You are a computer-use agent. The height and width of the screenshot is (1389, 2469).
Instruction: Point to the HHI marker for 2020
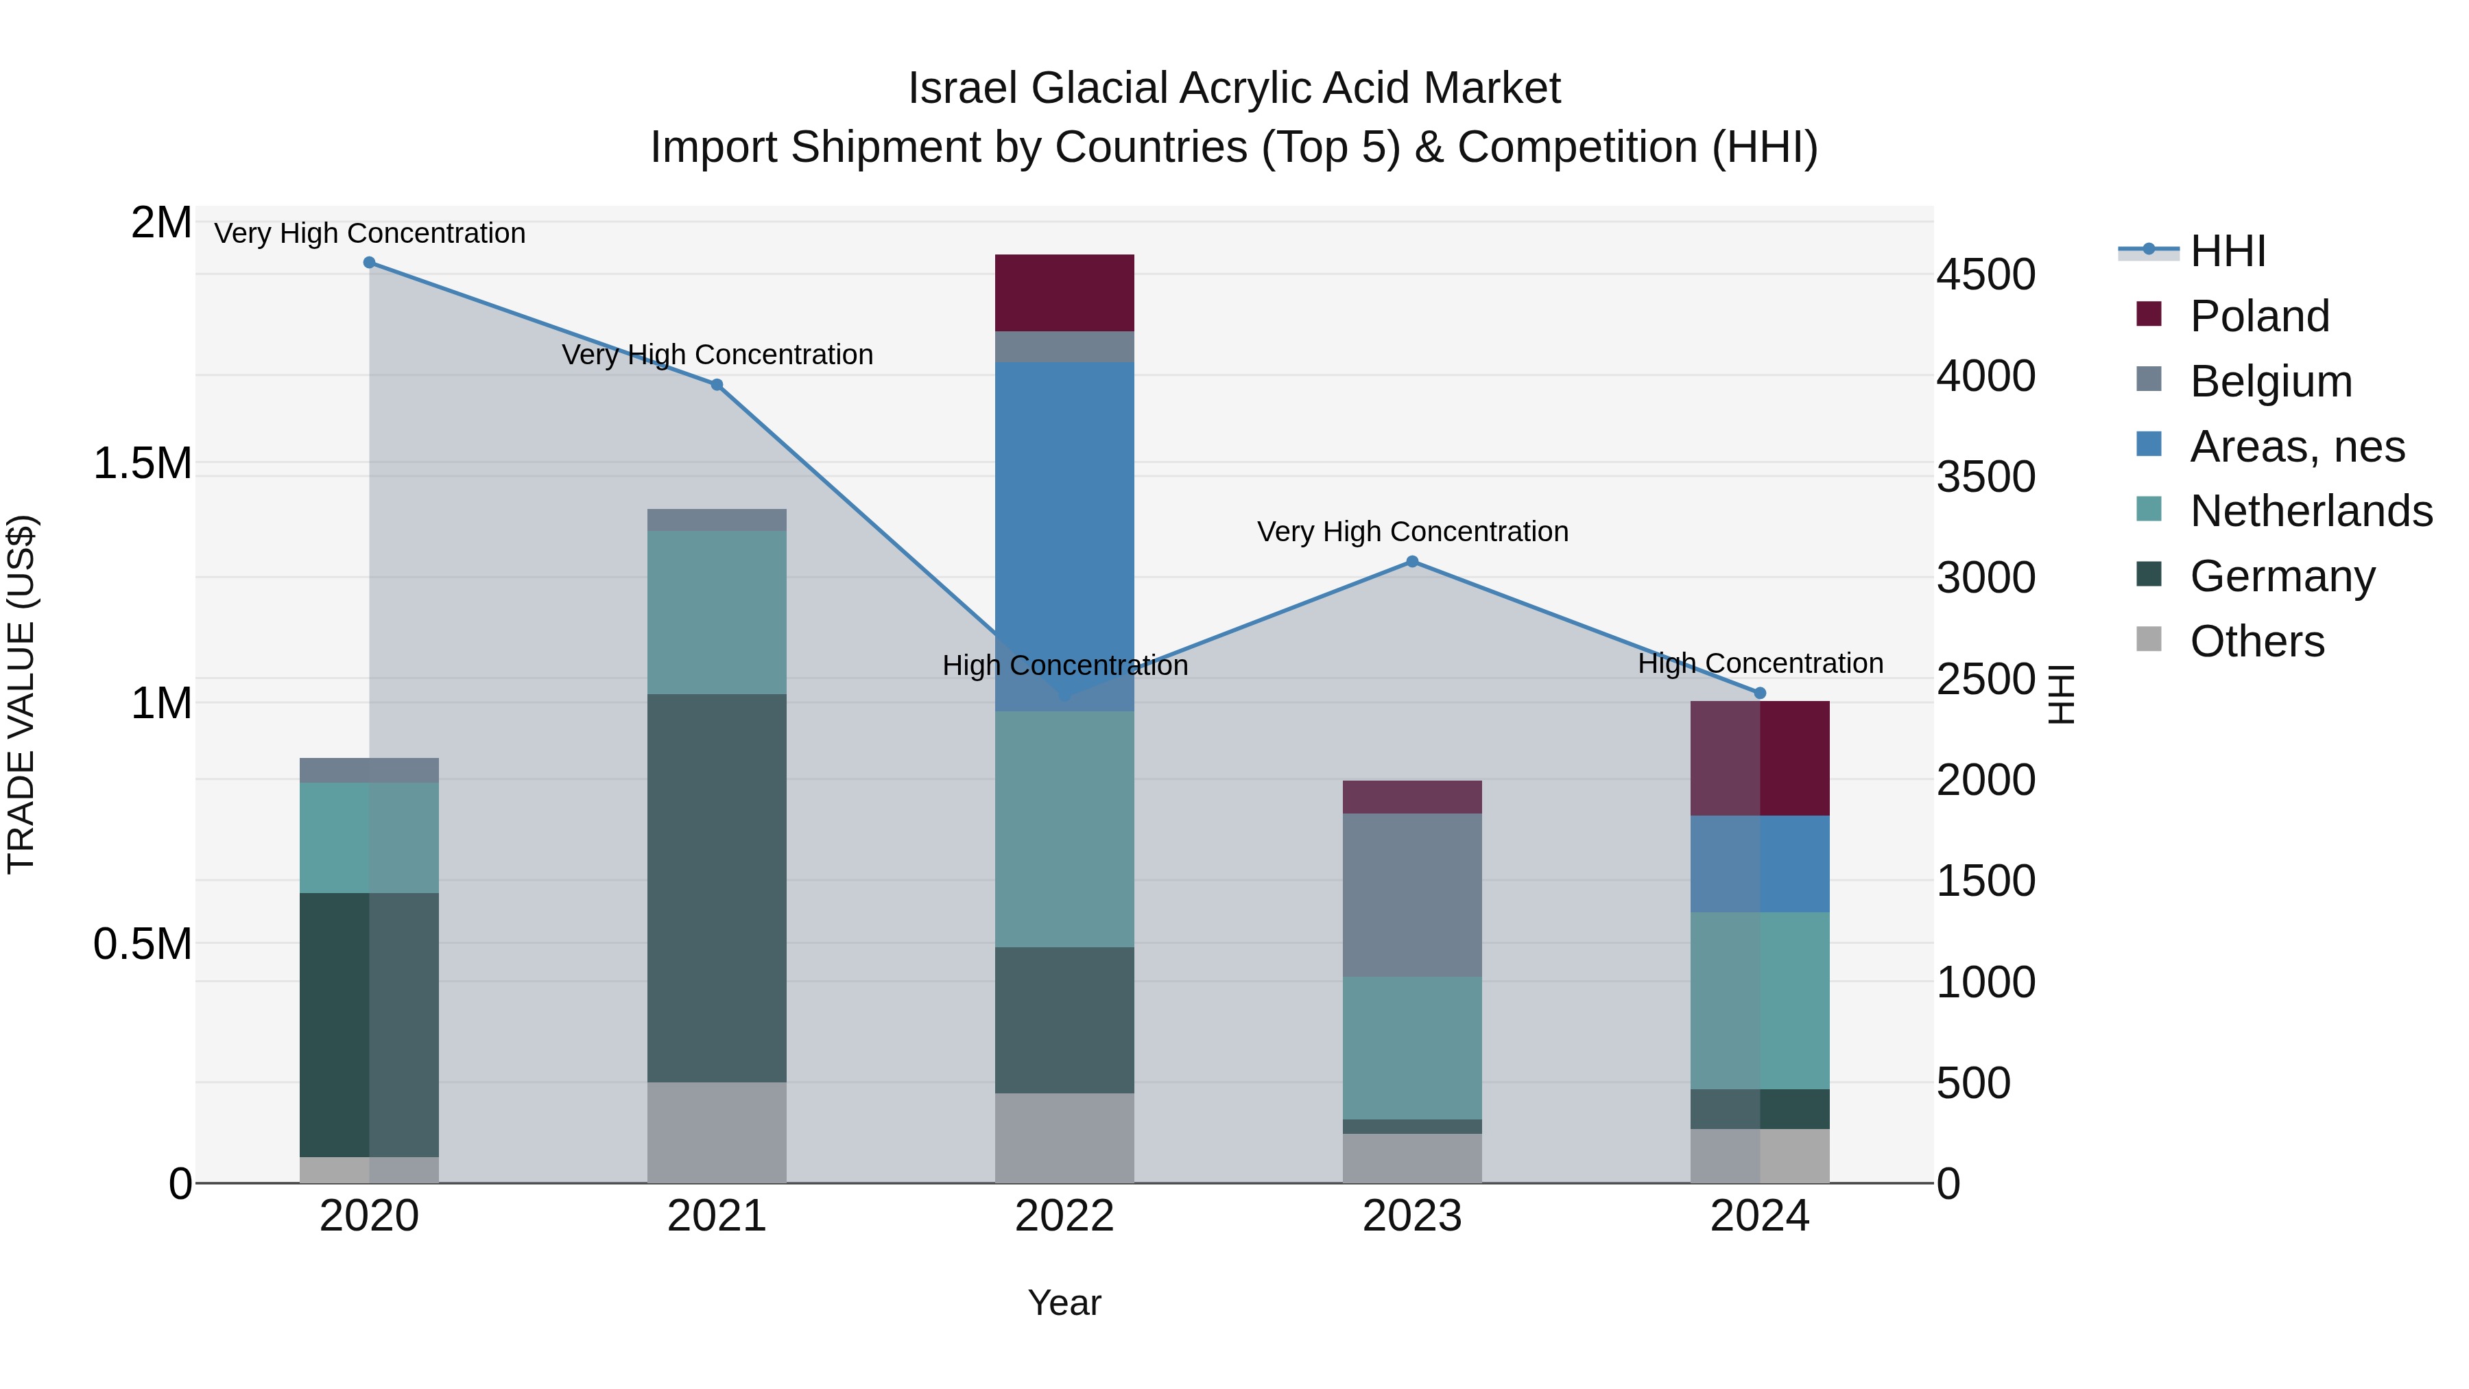click(369, 263)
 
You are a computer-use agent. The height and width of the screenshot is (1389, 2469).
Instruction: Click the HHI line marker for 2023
click(1412, 562)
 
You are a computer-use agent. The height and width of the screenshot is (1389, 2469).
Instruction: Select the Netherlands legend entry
click(2311, 511)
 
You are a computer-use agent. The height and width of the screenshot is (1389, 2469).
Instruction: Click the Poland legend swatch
click(2149, 314)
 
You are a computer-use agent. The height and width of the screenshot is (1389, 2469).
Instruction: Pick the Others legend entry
click(2256, 641)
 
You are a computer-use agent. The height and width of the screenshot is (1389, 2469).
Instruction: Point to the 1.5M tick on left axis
click(142, 464)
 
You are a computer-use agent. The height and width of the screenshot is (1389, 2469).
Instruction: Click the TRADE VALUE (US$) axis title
click(21, 694)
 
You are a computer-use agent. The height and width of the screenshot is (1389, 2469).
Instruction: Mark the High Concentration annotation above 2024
click(1760, 663)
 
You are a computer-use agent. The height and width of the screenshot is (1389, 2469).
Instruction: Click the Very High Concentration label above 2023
click(1412, 532)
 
